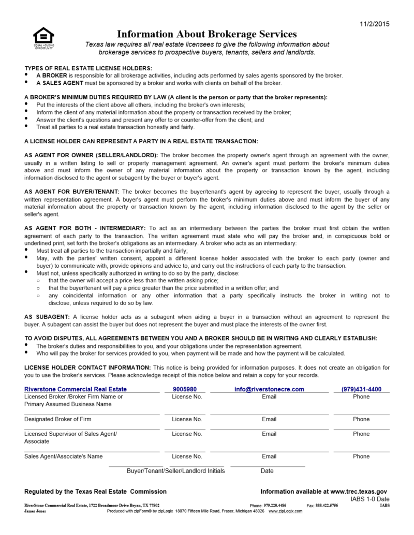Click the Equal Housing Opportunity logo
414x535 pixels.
[43, 37]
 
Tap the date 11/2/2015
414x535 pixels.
[374, 24]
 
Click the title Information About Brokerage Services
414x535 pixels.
[207, 34]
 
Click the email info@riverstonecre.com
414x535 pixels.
[269, 389]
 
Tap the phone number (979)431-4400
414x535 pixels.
[361, 389]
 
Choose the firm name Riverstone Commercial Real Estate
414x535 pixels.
[76, 389]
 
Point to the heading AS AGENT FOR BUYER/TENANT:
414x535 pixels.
[72, 192]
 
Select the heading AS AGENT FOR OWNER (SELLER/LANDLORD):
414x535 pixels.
[91, 155]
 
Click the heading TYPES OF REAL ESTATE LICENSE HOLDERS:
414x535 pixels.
[88, 68]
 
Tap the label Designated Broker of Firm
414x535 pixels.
[57, 419]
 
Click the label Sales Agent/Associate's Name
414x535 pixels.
[63, 456]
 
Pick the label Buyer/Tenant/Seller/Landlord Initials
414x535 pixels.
[176, 471]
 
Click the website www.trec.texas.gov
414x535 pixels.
[358, 492]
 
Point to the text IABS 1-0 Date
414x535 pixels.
[369, 499]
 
